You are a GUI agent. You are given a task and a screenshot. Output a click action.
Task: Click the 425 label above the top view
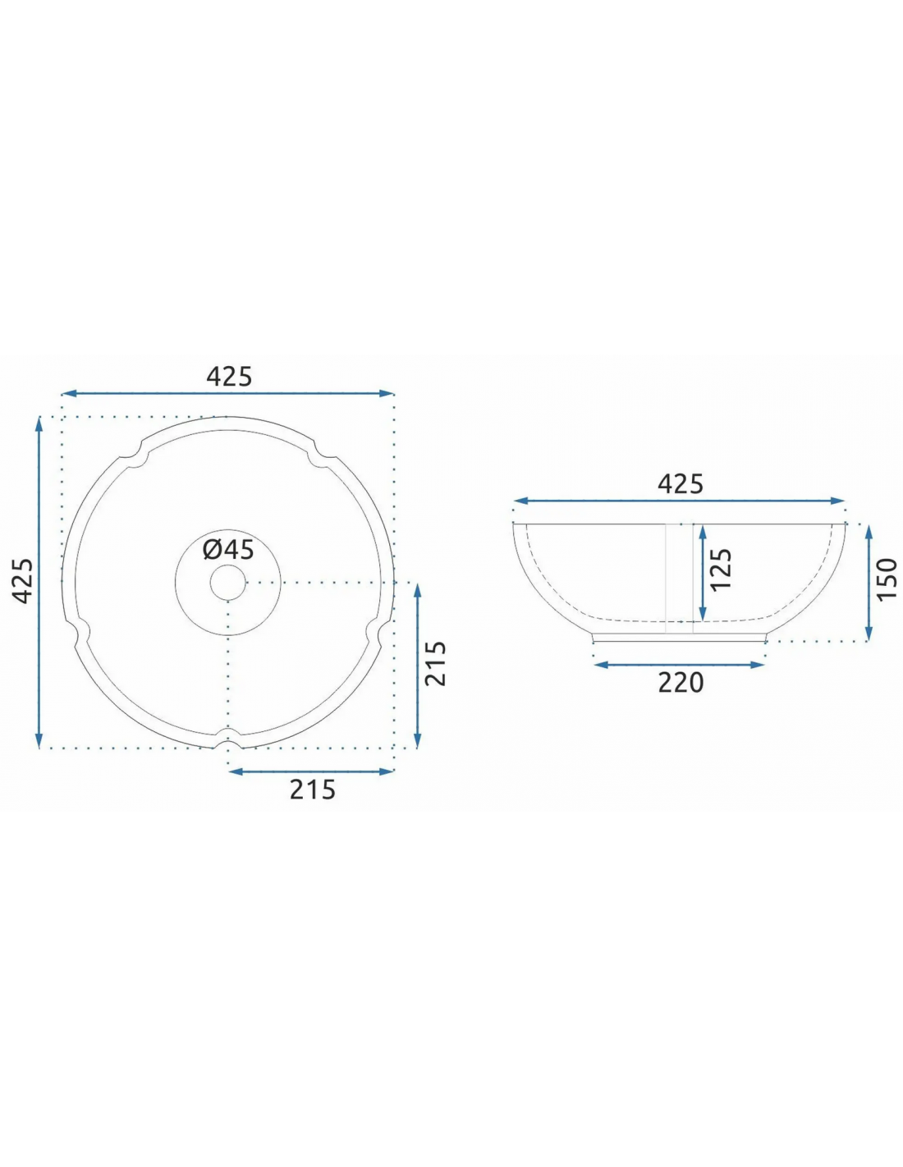pyautogui.click(x=229, y=377)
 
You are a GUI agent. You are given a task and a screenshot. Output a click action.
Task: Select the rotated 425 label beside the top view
pyautogui.click(x=23, y=580)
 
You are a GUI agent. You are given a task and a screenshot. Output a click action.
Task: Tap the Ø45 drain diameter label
pyautogui.click(x=228, y=549)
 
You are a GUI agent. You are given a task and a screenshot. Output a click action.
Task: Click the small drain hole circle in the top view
pyautogui.click(x=227, y=582)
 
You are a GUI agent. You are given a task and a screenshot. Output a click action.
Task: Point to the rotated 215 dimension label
pyautogui.click(x=436, y=663)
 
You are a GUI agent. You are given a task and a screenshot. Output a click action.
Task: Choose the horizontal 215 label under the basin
pyautogui.click(x=312, y=789)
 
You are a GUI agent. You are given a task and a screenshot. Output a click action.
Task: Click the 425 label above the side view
pyautogui.click(x=680, y=484)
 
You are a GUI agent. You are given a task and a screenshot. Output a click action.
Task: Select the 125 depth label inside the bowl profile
pyautogui.click(x=721, y=570)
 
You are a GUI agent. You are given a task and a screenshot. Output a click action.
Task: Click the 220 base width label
pyautogui.click(x=681, y=683)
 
